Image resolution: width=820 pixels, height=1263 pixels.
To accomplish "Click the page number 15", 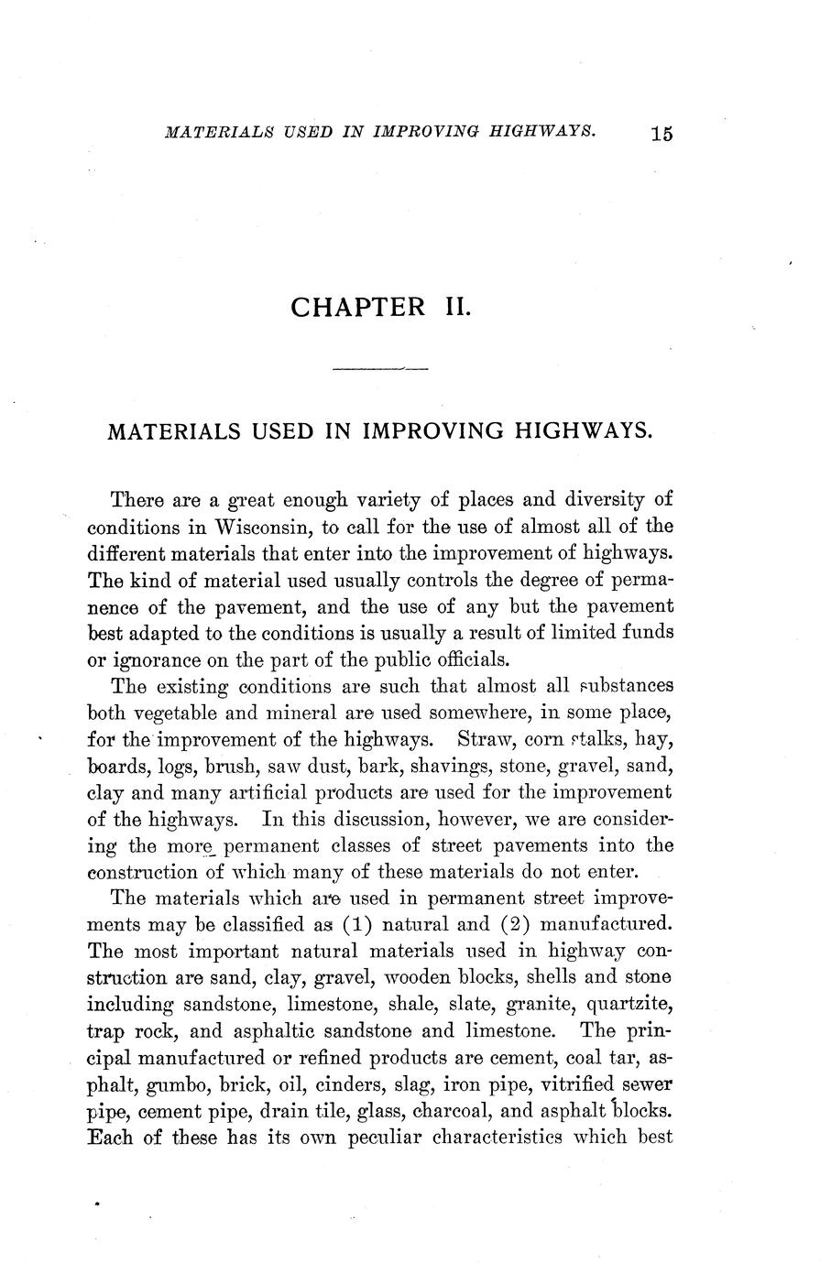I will [x=661, y=134].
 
